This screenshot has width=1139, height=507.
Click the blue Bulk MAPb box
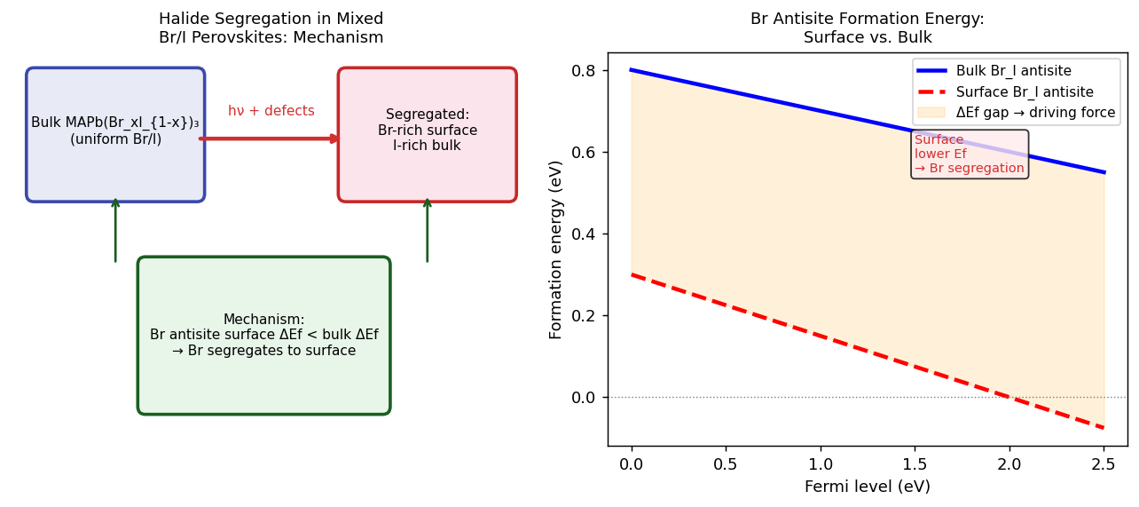coord(115,134)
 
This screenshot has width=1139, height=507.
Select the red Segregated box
coord(427,134)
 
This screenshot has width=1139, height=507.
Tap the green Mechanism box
coord(263,335)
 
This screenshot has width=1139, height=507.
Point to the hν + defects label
coord(271,111)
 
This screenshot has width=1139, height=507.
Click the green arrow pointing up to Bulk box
coord(115,230)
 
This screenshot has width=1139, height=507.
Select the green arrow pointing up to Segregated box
coord(427,230)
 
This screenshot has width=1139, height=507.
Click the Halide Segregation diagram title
coord(271,28)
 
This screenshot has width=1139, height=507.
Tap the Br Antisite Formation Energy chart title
coord(867,28)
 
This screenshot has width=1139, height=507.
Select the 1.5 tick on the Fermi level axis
coord(915,464)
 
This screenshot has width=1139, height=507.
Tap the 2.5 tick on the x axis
coord(1104,464)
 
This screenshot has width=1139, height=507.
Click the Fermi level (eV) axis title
coord(867,487)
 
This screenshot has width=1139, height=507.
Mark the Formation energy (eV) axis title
coord(556,250)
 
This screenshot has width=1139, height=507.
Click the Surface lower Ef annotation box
coord(969,154)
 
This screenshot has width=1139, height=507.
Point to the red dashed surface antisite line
coord(821,336)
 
